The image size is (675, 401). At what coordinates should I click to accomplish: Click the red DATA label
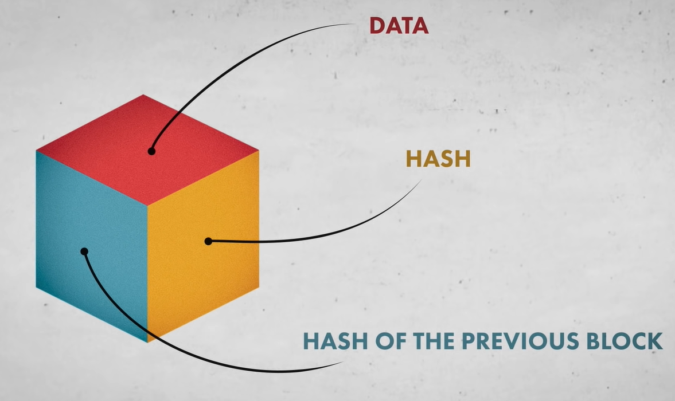pyautogui.click(x=399, y=25)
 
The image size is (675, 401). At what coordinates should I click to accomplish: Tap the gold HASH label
pyautogui.click(x=438, y=159)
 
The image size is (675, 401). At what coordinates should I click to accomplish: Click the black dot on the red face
pyautogui.click(x=151, y=151)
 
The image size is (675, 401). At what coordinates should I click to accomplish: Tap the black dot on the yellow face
pyautogui.click(x=208, y=241)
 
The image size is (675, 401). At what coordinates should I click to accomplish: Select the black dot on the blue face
pyautogui.click(x=84, y=251)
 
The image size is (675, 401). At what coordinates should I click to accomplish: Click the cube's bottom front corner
pyautogui.click(x=148, y=342)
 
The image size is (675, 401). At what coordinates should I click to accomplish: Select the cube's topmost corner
pyautogui.click(x=143, y=95)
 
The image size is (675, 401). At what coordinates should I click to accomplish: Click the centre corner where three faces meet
pyautogui.click(x=147, y=205)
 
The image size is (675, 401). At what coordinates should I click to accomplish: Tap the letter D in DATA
pyautogui.click(x=376, y=25)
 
